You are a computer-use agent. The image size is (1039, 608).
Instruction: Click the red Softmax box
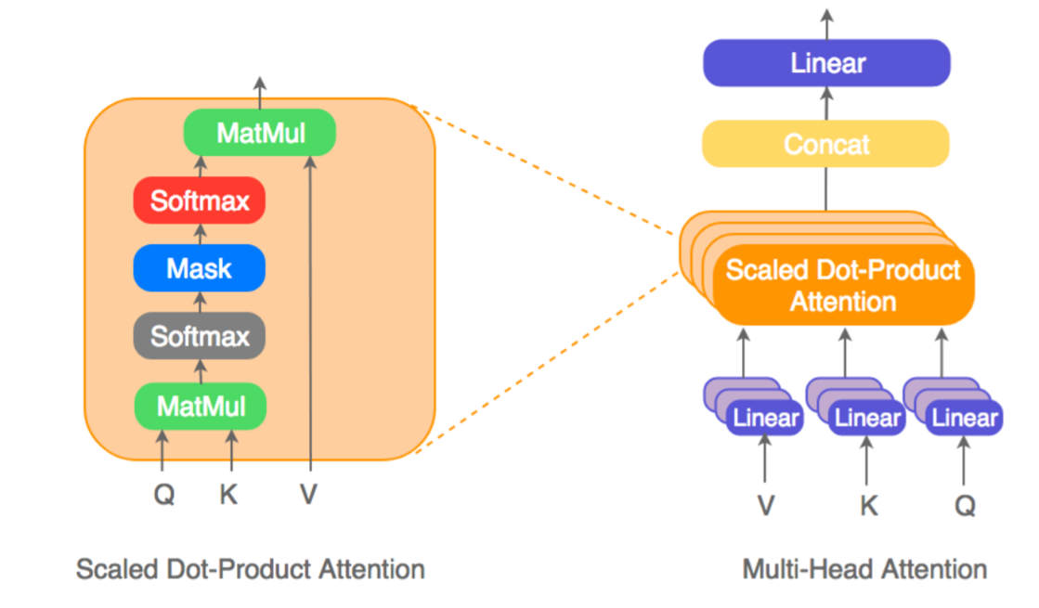tap(199, 201)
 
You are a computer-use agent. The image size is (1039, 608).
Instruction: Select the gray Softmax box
tap(199, 336)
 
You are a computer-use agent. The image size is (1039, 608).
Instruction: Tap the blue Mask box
tap(199, 268)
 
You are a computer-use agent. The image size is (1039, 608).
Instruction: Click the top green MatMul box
tap(259, 133)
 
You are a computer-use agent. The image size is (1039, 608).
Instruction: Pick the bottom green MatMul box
tap(201, 406)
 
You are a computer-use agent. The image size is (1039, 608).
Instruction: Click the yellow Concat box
tap(825, 144)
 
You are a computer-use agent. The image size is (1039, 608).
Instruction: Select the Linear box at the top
tap(826, 63)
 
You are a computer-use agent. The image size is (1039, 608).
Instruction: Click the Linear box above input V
tap(766, 418)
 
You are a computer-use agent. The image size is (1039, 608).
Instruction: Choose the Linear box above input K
tap(867, 418)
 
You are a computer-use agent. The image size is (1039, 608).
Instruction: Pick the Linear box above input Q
tap(965, 418)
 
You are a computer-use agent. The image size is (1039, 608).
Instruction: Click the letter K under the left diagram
tap(228, 495)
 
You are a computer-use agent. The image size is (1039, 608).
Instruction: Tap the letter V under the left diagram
tap(308, 495)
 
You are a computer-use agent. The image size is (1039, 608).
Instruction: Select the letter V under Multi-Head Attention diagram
tap(766, 505)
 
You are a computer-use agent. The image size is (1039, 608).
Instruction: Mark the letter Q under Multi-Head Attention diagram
tap(966, 505)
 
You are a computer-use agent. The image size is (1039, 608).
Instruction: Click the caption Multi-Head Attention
tap(864, 569)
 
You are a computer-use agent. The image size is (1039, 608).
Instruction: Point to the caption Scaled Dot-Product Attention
tap(250, 569)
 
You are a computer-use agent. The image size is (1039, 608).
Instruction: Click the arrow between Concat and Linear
tap(825, 103)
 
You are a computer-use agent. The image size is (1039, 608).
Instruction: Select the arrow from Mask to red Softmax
tap(199, 234)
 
